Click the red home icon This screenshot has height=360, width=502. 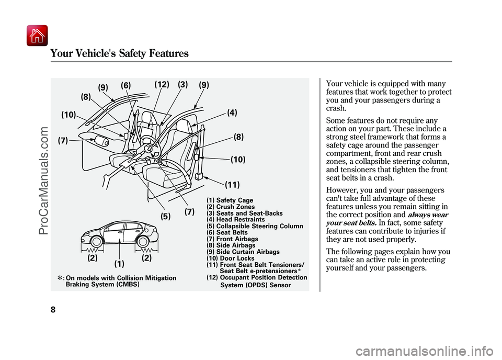pos(37,36)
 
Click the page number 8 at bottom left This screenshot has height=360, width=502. pos(53,310)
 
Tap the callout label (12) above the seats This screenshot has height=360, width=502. pos(162,85)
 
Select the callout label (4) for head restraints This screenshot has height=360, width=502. pos(232,113)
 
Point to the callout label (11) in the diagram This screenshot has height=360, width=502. pos(232,185)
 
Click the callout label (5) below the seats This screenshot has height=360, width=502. pos(166,217)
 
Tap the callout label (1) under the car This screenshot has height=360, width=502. pos(119,264)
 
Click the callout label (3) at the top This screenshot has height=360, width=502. pos(183,85)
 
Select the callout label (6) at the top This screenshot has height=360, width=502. pos(126,85)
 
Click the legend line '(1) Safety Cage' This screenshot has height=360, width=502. pos(230,200)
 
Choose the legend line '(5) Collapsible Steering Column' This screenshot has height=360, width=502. pos(255,226)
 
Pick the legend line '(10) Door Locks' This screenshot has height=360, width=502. pos(231,258)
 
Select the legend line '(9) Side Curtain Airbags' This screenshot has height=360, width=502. pos(243,252)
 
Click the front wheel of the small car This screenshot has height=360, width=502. pos(96,242)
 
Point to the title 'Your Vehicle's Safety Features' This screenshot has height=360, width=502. pos(119,53)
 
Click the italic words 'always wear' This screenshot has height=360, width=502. pos(428,215)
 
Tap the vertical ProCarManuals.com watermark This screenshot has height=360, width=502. pos(43,181)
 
